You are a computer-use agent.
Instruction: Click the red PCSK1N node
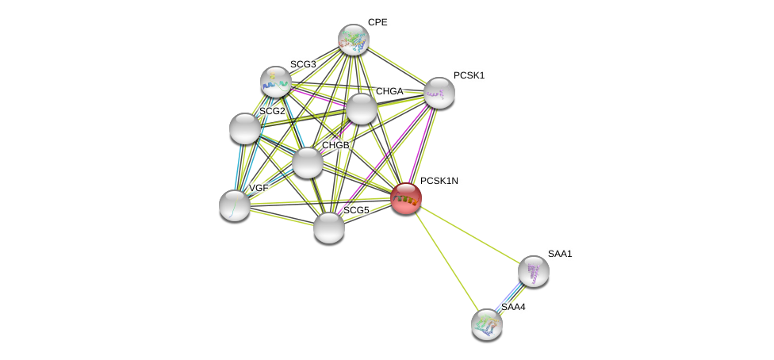406,198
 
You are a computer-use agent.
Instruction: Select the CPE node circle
354,40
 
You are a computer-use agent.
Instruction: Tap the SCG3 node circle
276,82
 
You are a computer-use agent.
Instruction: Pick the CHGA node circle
362,109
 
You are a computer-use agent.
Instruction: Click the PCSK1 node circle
439,93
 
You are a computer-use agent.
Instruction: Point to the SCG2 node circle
244,128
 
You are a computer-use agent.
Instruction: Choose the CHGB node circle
308,163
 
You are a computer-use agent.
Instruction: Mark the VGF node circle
235,205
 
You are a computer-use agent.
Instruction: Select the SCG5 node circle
329,228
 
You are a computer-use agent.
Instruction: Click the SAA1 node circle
534,271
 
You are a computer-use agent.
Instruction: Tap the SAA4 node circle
487,324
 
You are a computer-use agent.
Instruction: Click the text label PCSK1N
439,181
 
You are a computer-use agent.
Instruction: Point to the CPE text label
377,22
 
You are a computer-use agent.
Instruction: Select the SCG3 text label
303,64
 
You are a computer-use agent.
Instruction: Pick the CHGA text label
389,91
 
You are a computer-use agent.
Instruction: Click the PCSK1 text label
469,75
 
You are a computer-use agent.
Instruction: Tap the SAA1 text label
560,254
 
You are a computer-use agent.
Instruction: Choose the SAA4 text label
513,307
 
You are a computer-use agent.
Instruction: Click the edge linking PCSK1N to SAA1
469,235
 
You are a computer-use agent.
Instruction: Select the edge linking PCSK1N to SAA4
446,261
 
